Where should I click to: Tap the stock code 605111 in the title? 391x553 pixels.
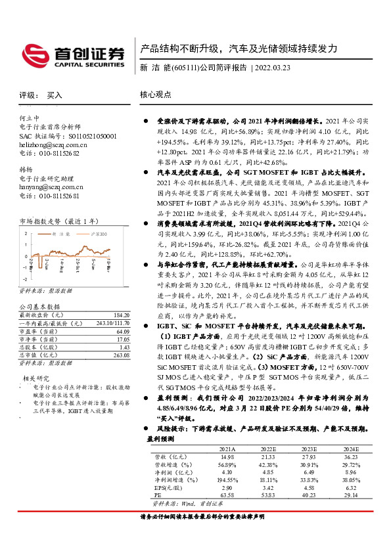tap(184, 68)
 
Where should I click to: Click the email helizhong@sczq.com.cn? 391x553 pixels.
tap(53, 144)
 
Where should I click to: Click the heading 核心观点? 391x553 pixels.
tap(155, 95)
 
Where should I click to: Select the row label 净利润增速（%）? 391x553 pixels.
tap(173, 481)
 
